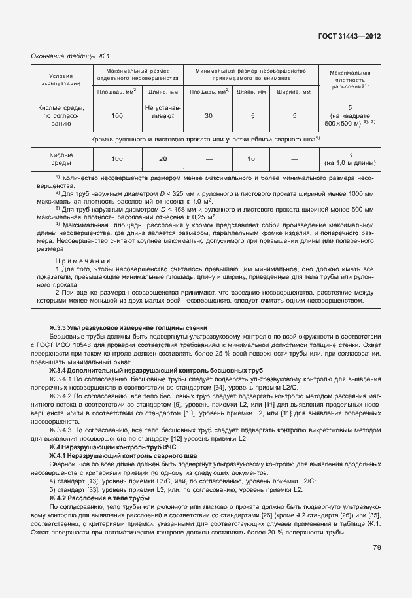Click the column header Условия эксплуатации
coord(64,80)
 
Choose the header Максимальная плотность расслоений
coord(351,79)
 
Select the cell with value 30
coord(208,115)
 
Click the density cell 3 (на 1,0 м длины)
coord(351,159)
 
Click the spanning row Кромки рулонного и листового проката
coord(205,139)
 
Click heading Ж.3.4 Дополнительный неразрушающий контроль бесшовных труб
coord(146,371)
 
